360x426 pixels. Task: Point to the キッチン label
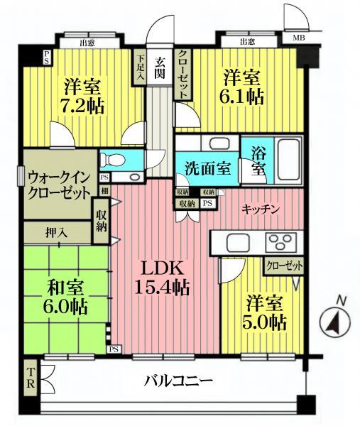click(x=260, y=208)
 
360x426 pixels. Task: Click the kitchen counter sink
click(x=236, y=242)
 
